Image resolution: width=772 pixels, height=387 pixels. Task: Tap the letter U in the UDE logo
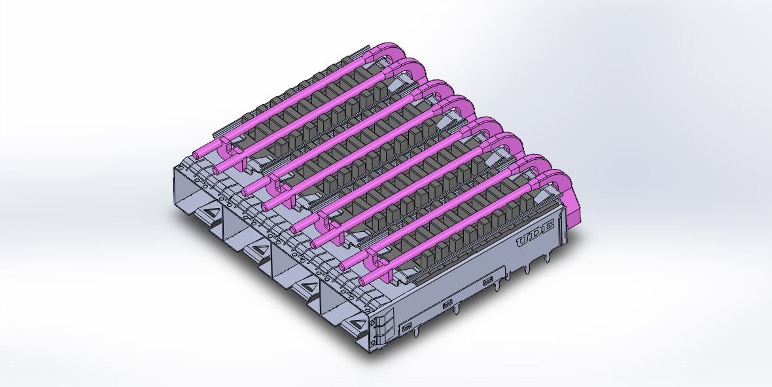(x=524, y=242)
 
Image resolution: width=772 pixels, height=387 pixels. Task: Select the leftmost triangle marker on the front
(x=211, y=213)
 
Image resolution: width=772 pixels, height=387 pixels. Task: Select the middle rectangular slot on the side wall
(x=447, y=304)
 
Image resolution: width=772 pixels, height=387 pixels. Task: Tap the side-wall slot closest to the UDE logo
(x=487, y=283)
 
